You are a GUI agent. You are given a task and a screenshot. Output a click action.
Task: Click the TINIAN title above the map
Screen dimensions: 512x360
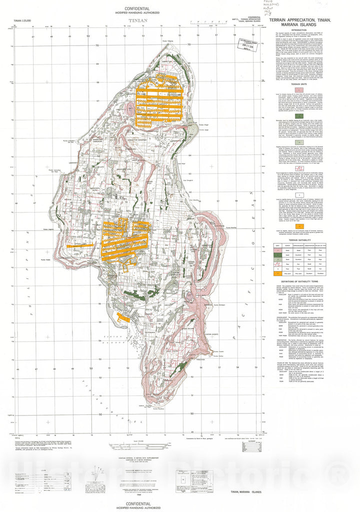[138, 21]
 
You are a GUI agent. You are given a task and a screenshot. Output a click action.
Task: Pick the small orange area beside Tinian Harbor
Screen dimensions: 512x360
[121, 317]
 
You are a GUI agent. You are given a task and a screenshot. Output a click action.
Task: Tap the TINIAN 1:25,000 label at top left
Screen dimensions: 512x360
[25, 21]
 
